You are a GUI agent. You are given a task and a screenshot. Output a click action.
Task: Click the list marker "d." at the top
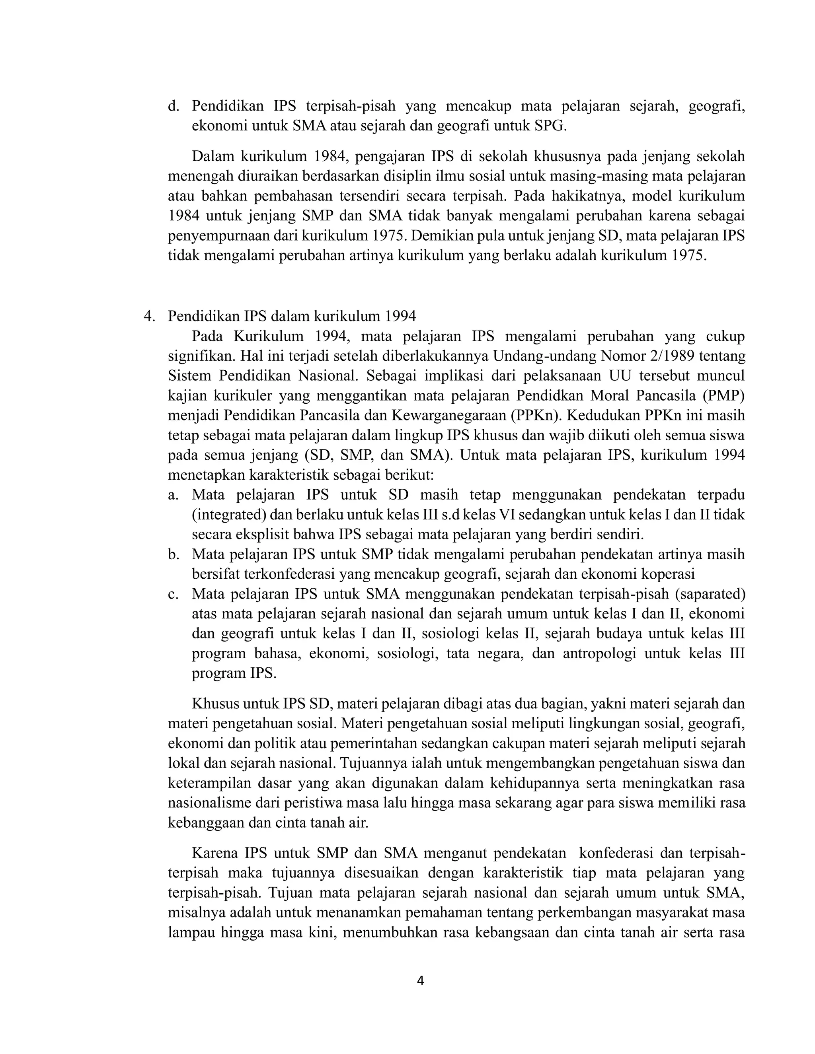click(x=174, y=106)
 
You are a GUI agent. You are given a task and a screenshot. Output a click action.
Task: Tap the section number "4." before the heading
click(x=149, y=316)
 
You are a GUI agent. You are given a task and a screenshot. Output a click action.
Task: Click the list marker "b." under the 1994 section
click(x=174, y=554)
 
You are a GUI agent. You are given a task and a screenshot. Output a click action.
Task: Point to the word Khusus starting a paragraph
click(x=215, y=704)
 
